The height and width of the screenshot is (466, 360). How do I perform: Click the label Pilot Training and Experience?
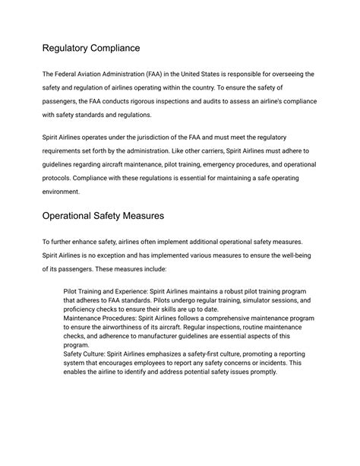(110, 291)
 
